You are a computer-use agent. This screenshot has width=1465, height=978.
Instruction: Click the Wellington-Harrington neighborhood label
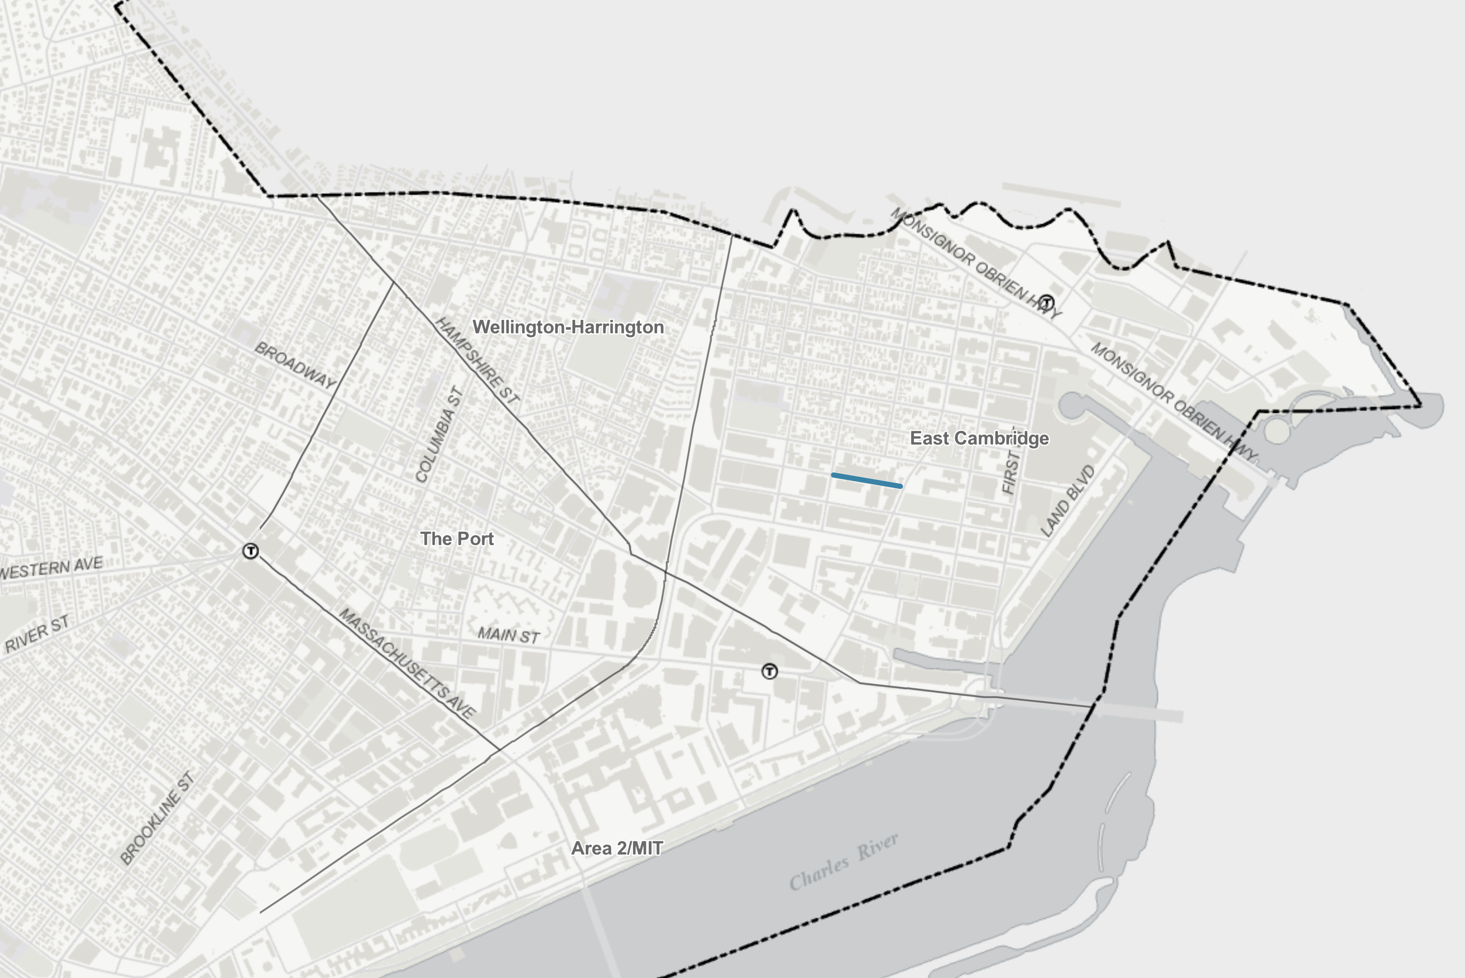pos(568,327)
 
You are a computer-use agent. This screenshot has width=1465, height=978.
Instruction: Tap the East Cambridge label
pos(979,438)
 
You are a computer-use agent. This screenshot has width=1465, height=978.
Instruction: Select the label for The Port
pos(457,539)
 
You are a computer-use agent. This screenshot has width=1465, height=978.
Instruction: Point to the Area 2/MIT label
pos(617,848)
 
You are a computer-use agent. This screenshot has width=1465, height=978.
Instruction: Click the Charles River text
pos(843,862)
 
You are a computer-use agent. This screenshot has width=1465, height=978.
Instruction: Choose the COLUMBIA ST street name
pos(439,435)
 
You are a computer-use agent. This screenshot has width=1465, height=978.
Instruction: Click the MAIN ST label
pos(508,636)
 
